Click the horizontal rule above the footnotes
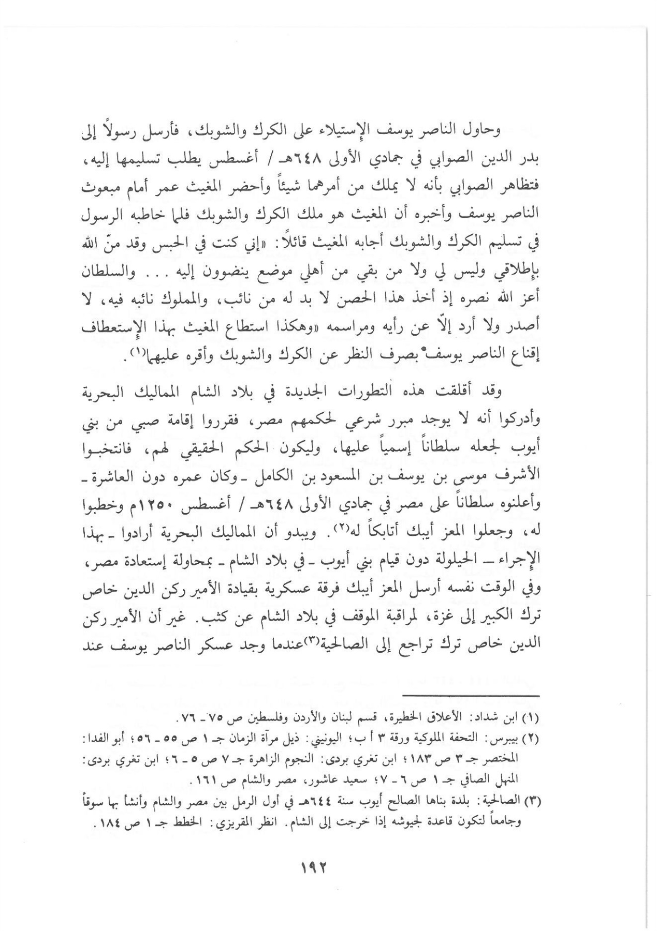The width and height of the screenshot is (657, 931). (x=472, y=696)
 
